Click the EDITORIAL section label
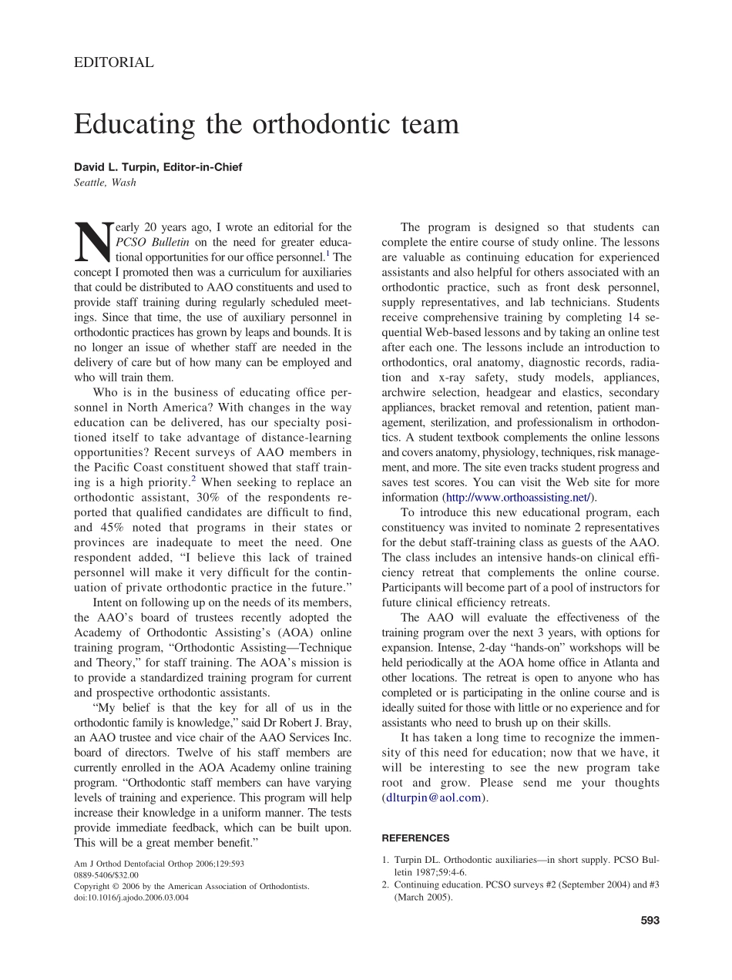pyautogui.click(x=113, y=63)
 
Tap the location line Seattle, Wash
pyautogui.click(x=105, y=183)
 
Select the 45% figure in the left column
pyautogui.click(x=107, y=528)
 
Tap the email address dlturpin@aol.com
pyautogui.click(x=434, y=797)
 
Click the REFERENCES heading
pyautogui.click(x=415, y=838)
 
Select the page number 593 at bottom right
pyautogui.click(x=650, y=919)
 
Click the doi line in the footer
pyautogui.click(x=131, y=897)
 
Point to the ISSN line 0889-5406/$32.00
pyautogui.click(x=106, y=875)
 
